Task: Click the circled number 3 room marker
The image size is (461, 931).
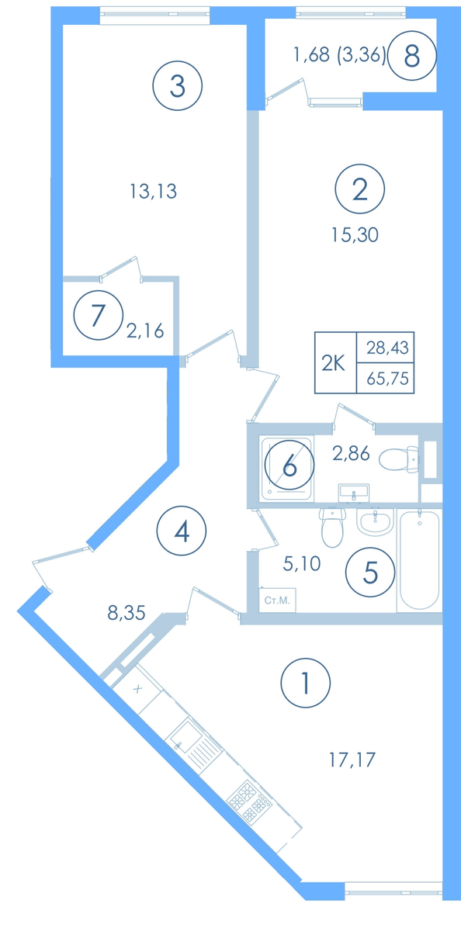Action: click(178, 86)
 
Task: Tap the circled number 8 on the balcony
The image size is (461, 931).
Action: click(412, 56)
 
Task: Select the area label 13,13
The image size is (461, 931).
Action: click(154, 192)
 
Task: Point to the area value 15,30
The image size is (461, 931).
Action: click(355, 235)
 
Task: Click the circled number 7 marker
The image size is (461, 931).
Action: click(99, 315)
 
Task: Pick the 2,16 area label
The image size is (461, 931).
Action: click(145, 331)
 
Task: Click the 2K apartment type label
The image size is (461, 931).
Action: click(334, 364)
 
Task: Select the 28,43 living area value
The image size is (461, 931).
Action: click(387, 348)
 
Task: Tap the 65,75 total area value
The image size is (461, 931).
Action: click(388, 379)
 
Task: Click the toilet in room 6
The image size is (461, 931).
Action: click(399, 459)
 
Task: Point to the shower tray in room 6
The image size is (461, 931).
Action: click(286, 468)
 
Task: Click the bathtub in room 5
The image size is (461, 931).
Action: click(419, 560)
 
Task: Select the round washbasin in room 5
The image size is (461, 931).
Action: click(375, 521)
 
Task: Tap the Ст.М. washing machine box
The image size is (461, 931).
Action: click(277, 600)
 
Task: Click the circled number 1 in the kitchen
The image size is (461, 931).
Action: click(306, 683)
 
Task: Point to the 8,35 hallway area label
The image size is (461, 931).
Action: click(127, 613)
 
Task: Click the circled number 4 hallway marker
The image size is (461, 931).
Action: click(182, 531)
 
